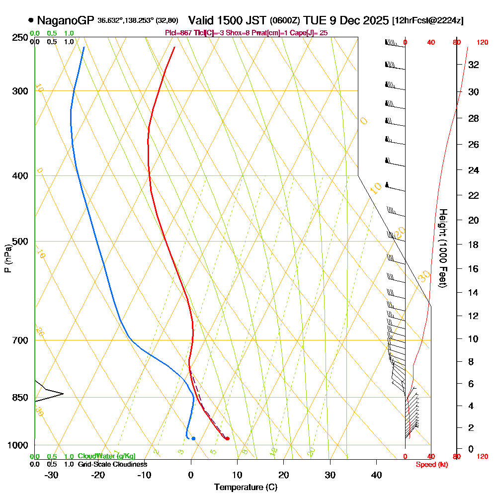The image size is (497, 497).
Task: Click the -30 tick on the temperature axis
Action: [x=52, y=475]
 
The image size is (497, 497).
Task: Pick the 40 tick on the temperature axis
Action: [x=376, y=475]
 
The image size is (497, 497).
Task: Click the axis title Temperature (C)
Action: [x=246, y=488]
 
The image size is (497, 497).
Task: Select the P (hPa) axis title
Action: [x=8, y=258]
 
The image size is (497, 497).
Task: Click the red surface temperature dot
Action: [x=227, y=438]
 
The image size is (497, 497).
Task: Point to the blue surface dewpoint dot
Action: [x=193, y=438]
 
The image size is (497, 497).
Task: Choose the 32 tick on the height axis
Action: [x=473, y=65]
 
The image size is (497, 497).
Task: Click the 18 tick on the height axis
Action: [x=473, y=245]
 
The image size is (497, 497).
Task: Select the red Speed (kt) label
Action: [x=429, y=465]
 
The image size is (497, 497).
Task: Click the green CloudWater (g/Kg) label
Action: [x=106, y=456]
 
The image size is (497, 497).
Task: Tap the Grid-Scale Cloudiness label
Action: [x=112, y=464]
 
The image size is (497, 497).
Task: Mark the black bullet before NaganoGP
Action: [x=31, y=21]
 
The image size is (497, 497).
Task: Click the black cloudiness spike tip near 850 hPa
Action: [x=63, y=394]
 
